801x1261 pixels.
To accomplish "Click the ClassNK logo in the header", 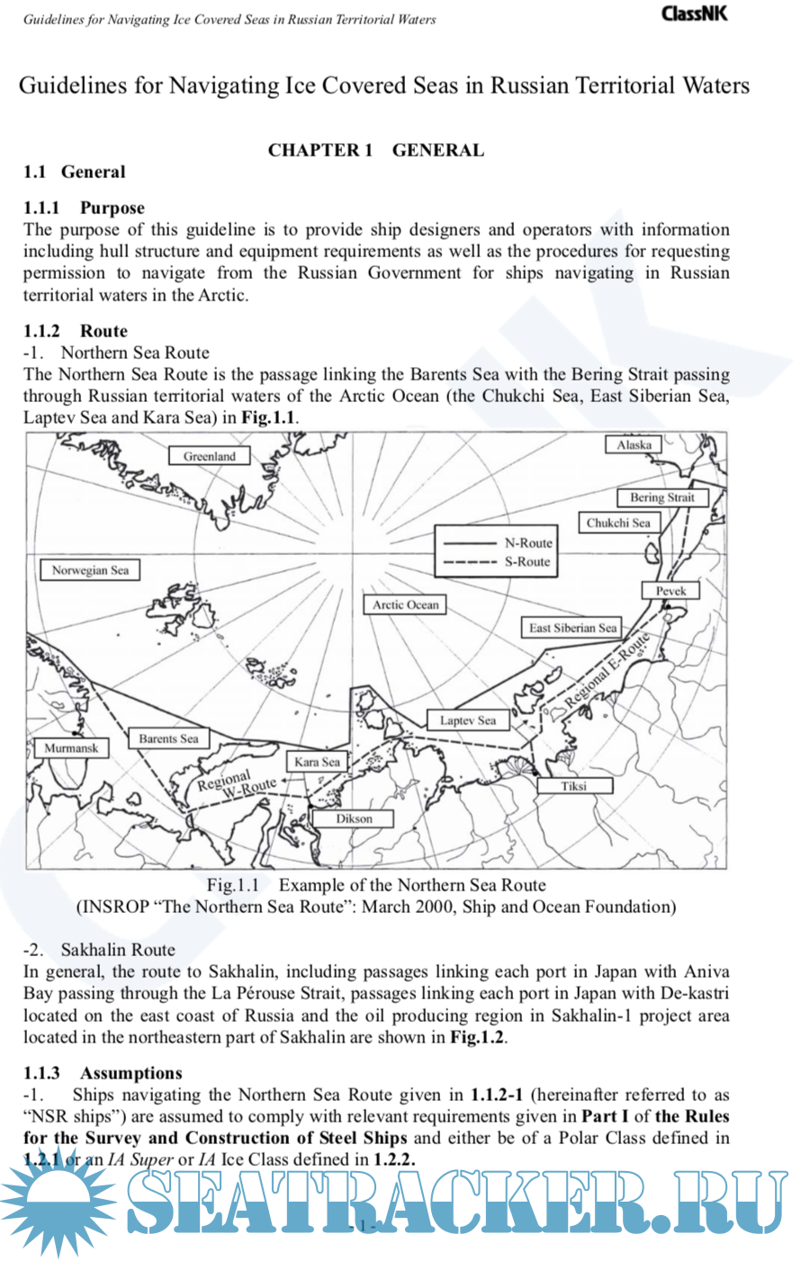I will pyautogui.click(x=694, y=13).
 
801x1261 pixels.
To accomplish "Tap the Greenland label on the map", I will pyautogui.click(x=209, y=456).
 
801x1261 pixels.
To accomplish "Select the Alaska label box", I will pyautogui.click(x=634, y=444).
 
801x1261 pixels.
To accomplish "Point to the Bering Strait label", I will pyautogui.click(x=662, y=497).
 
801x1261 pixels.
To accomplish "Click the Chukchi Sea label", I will pyautogui.click(x=618, y=523).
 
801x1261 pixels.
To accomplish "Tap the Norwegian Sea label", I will pyautogui.click(x=90, y=570).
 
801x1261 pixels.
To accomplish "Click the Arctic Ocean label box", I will pyautogui.click(x=406, y=604).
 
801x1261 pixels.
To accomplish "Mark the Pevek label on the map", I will pyautogui.click(x=670, y=591).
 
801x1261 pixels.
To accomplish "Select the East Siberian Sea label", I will pyautogui.click(x=573, y=628).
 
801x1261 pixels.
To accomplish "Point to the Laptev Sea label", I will pyautogui.click(x=468, y=720).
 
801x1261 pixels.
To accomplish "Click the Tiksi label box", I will pyautogui.click(x=574, y=785).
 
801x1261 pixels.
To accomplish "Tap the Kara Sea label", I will pyautogui.click(x=318, y=761).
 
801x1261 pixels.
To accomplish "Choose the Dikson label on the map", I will pyautogui.click(x=354, y=818).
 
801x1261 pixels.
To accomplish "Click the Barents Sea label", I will pyautogui.click(x=168, y=738).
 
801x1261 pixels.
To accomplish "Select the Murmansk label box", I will pyautogui.click(x=71, y=747).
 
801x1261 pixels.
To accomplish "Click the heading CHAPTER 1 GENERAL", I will pyautogui.click(x=375, y=150).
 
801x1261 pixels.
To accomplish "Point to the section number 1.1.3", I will pyautogui.click(x=41, y=1073).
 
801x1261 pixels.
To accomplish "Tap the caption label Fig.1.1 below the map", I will pyautogui.click(x=232, y=885).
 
